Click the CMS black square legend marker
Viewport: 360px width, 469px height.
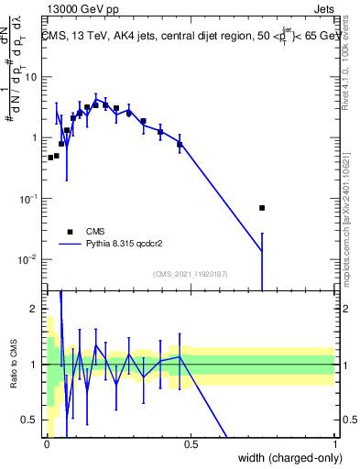click(x=70, y=232)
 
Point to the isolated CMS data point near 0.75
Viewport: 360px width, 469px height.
click(x=262, y=208)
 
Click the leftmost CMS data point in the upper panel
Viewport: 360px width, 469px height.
click(x=50, y=158)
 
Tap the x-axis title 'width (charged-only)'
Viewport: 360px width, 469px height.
click(x=285, y=457)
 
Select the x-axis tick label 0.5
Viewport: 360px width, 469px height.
click(x=191, y=444)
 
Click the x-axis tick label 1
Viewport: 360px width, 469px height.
click(x=335, y=444)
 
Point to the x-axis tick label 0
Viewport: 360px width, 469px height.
click(x=47, y=444)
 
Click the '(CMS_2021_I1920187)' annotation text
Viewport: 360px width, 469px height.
click(x=191, y=274)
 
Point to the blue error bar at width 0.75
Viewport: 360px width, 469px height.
click(x=262, y=261)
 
